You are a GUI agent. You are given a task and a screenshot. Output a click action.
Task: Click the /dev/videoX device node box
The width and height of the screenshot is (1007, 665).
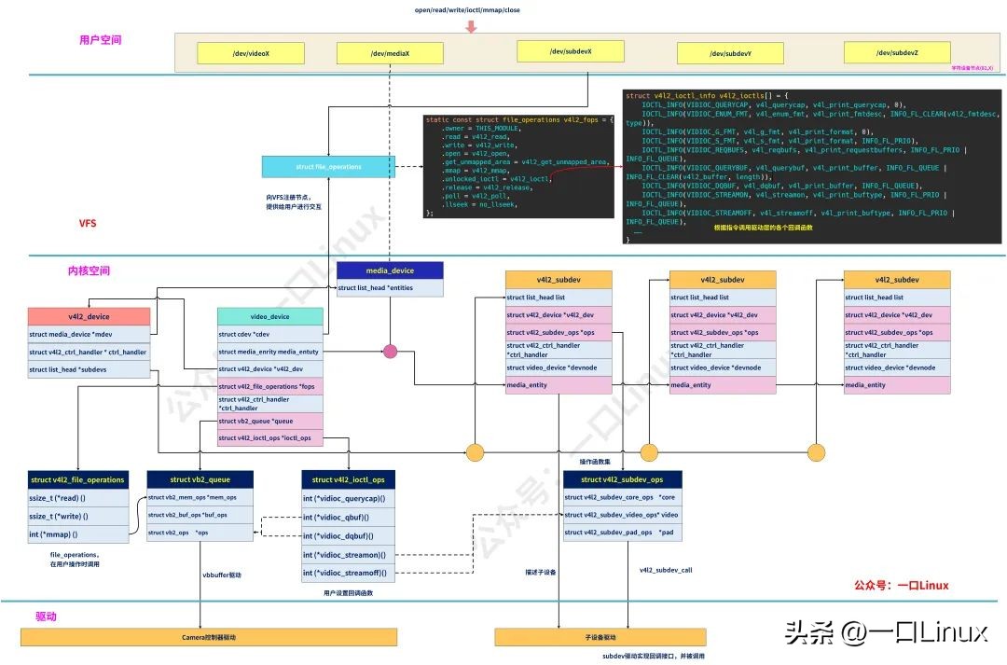(x=251, y=54)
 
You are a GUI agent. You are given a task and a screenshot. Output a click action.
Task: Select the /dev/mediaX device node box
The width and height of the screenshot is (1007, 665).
(x=390, y=54)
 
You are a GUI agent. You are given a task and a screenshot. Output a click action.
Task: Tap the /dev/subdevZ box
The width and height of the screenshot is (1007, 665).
(x=897, y=53)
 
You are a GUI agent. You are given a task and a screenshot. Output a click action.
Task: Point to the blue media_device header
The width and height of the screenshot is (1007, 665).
(x=390, y=270)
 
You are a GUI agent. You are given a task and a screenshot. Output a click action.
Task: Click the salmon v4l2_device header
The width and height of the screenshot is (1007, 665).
(x=89, y=316)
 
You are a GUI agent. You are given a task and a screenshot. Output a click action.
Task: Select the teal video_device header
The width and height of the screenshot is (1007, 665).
(x=270, y=316)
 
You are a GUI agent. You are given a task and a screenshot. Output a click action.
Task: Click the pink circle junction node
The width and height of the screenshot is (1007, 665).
(x=390, y=351)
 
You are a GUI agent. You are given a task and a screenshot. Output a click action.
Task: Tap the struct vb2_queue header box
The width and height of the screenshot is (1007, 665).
(x=200, y=479)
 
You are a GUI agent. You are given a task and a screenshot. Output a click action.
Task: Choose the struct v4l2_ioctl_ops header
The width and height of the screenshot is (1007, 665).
(x=348, y=479)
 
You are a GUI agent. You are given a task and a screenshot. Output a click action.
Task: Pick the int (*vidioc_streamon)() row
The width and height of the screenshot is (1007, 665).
(x=348, y=555)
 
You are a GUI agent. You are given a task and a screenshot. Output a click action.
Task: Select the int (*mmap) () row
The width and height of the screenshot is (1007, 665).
(x=78, y=534)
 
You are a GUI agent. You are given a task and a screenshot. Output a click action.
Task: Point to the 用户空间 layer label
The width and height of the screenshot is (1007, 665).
(x=101, y=40)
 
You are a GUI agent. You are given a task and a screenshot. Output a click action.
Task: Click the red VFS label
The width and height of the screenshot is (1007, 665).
(x=88, y=224)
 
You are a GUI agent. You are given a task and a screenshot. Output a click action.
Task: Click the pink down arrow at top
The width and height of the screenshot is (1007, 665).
(x=471, y=25)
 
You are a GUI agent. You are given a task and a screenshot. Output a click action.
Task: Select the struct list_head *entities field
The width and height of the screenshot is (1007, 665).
(x=390, y=288)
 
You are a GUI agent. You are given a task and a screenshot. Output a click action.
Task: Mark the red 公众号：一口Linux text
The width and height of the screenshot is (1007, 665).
(x=901, y=586)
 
